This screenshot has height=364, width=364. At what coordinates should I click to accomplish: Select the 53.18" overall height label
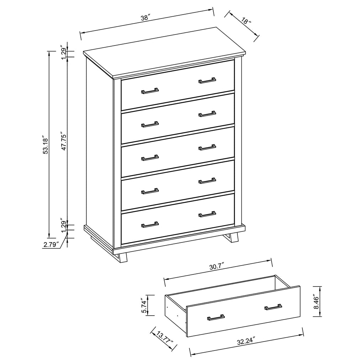point(45,144)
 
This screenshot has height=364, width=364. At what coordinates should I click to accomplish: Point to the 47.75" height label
point(64,142)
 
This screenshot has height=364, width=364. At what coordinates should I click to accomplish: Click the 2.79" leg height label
point(51,244)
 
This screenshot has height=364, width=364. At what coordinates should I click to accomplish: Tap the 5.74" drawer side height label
point(144,306)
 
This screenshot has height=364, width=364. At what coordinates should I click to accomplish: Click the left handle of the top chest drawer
point(150,91)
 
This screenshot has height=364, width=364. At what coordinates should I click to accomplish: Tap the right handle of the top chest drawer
point(207,80)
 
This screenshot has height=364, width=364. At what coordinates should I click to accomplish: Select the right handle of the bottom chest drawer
point(207,214)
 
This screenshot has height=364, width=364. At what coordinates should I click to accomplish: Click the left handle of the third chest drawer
point(150,158)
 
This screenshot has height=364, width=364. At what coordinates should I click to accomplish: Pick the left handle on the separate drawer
point(216,317)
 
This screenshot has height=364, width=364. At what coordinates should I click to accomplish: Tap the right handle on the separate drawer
point(273,307)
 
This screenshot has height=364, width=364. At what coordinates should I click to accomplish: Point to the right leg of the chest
point(232,237)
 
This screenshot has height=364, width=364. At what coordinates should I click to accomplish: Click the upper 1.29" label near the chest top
point(64,52)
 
